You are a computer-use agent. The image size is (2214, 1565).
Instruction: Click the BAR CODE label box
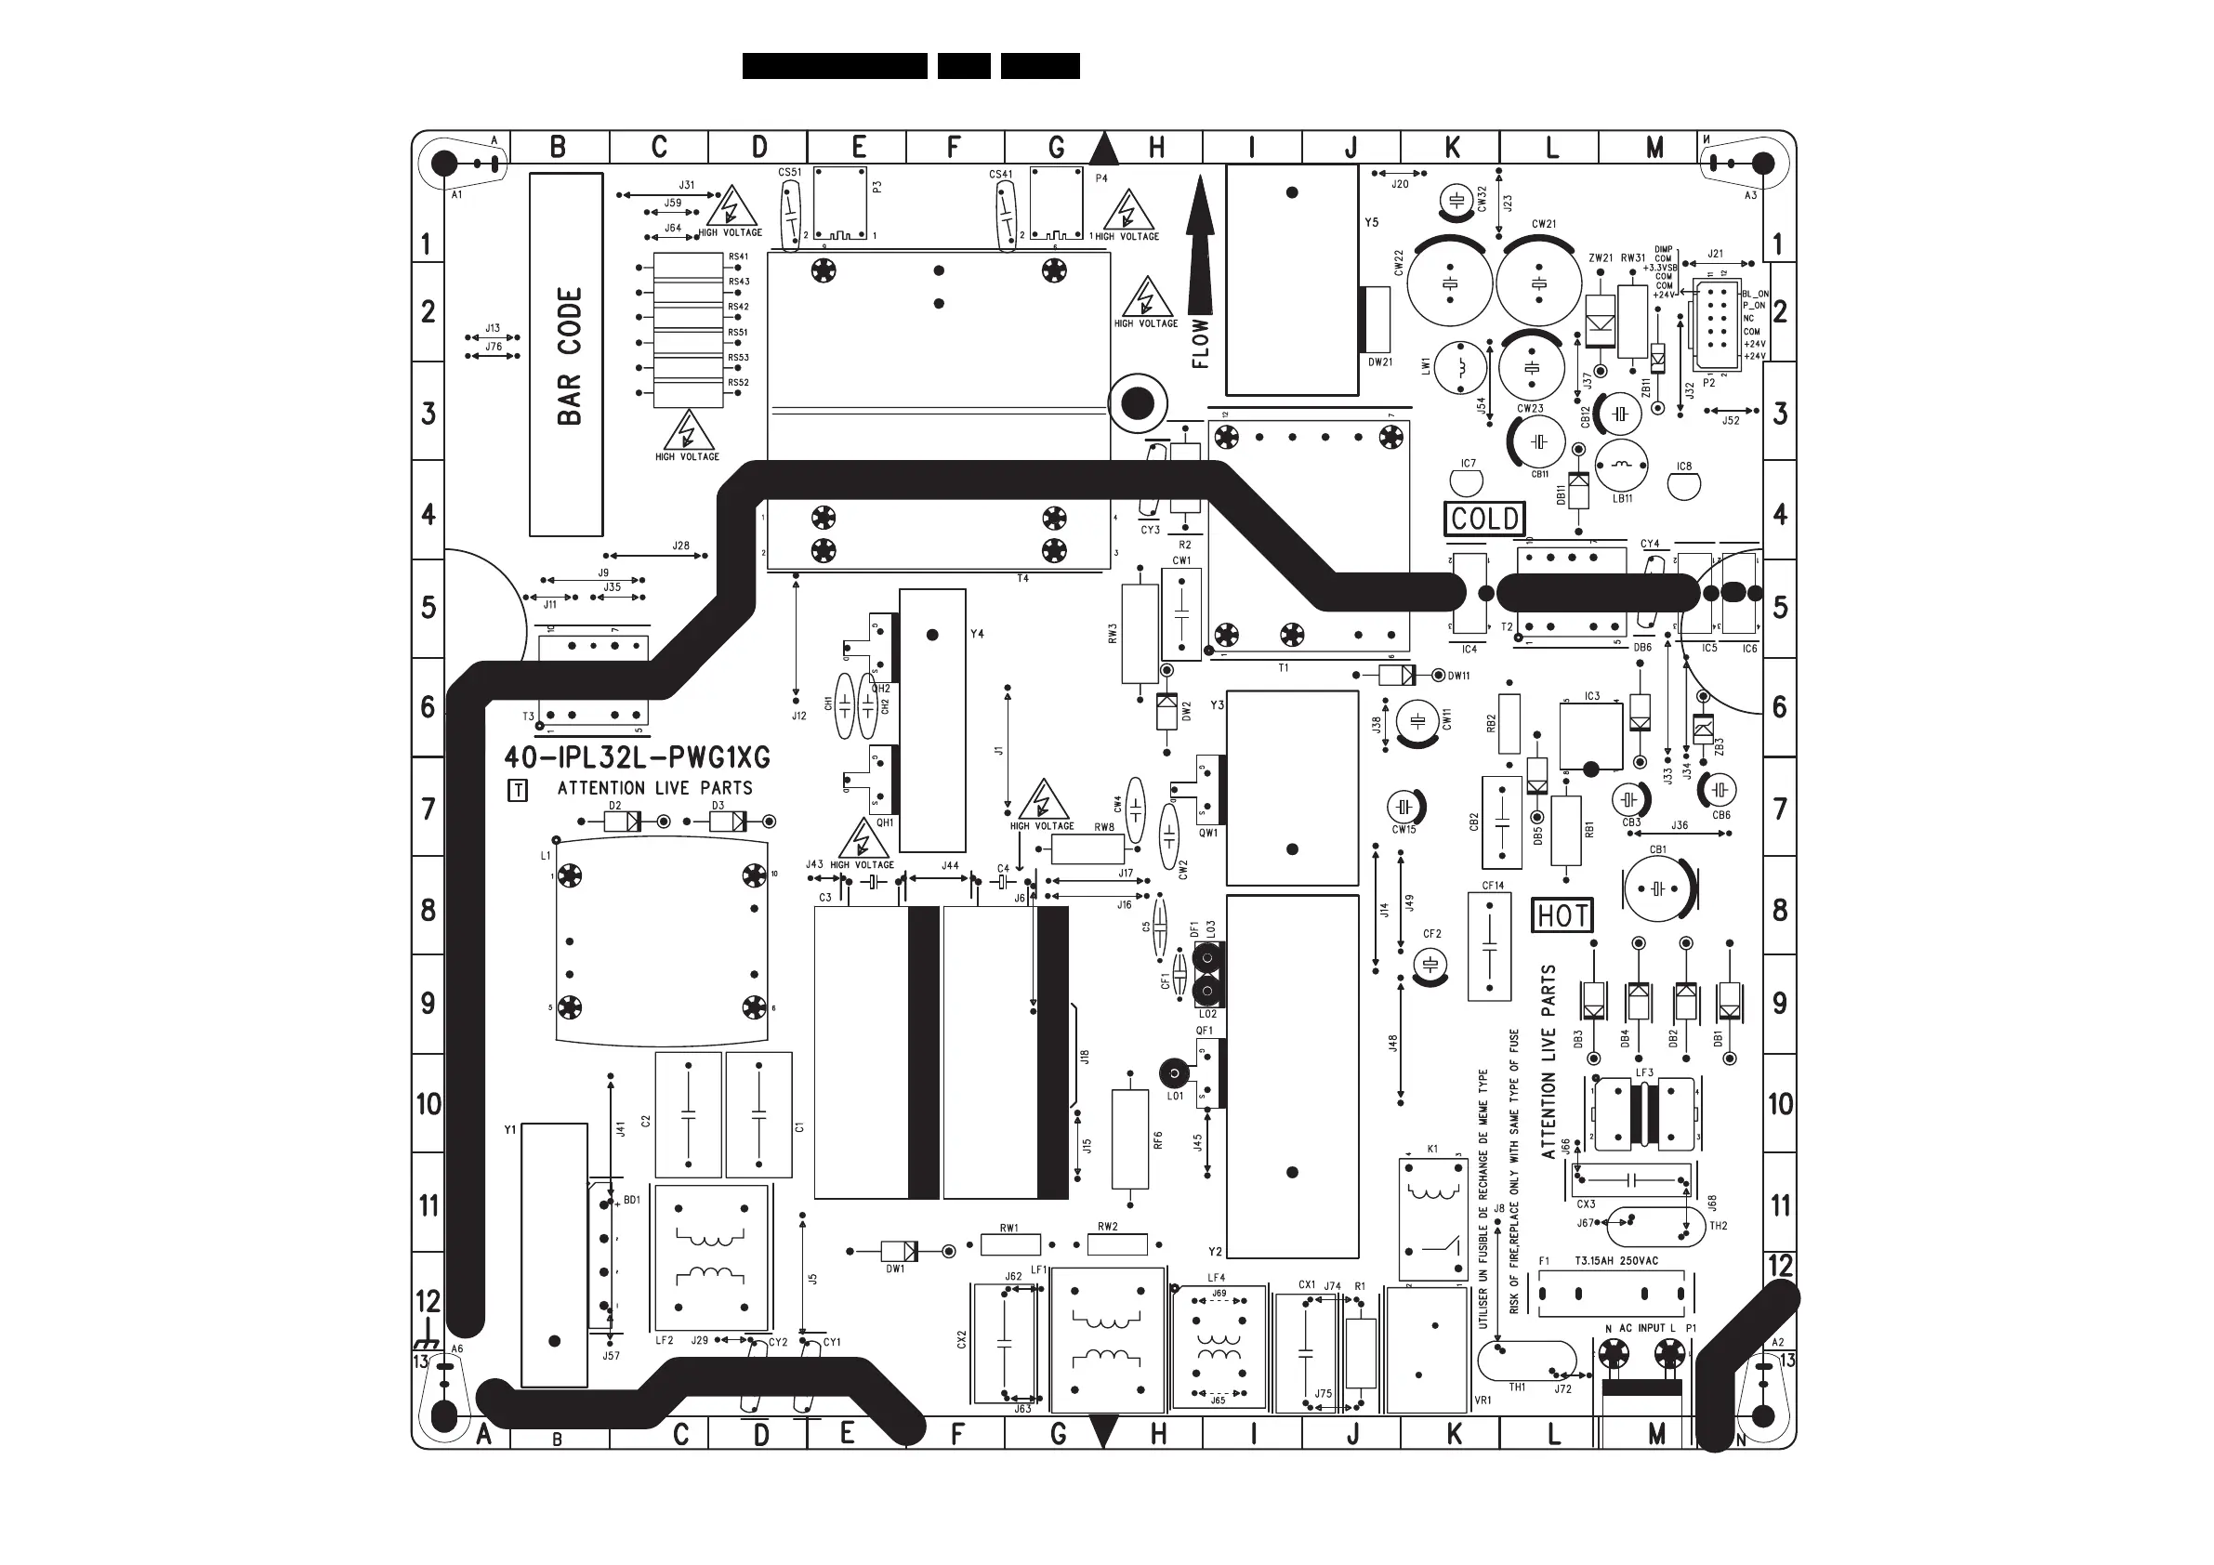click(566, 355)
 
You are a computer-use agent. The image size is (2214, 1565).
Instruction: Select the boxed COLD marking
click(1485, 519)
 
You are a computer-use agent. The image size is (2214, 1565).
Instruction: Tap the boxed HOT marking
click(1562, 915)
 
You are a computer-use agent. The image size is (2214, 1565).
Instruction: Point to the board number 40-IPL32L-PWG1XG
click(638, 758)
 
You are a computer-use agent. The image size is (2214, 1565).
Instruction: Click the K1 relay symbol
click(1434, 1219)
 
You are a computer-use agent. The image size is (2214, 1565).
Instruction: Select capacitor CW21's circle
click(1539, 283)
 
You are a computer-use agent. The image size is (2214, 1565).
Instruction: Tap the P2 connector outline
click(1717, 326)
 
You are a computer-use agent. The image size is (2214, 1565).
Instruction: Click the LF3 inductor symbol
click(1644, 1111)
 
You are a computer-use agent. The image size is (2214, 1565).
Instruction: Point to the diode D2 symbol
click(622, 822)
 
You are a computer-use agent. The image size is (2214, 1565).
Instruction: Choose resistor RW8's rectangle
click(1087, 849)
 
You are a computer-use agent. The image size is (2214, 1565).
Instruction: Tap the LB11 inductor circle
click(1622, 466)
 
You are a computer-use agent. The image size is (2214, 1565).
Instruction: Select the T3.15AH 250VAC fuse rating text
click(1616, 1260)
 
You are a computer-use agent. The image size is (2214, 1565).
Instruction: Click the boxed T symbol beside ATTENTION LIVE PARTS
click(518, 791)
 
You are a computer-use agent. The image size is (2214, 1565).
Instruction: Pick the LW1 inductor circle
click(1461, 367)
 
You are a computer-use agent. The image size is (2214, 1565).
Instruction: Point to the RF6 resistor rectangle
click(1129, 1138)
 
